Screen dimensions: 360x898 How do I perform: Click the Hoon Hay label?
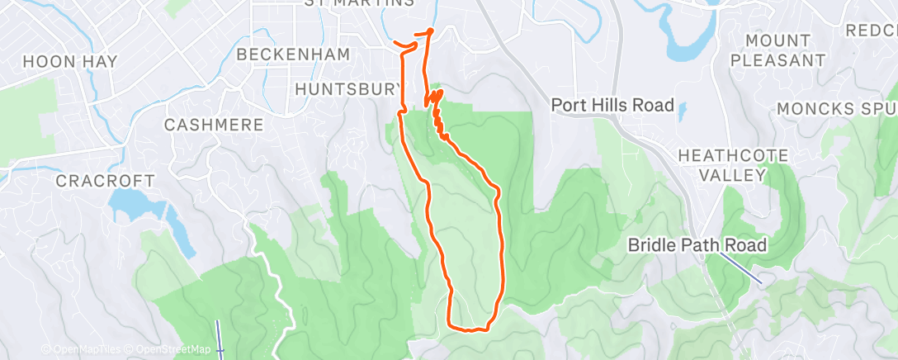(70, 61)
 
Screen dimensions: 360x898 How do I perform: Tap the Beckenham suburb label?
(293, 54)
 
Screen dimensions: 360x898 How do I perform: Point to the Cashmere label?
(214, 125)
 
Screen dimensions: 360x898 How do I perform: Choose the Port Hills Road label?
(612, 105)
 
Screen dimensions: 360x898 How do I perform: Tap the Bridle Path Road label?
(697, 244)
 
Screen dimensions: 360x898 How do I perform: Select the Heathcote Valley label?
(733, 165)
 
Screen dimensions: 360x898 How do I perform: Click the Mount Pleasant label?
(777, 50)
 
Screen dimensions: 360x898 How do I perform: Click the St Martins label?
(358, 3)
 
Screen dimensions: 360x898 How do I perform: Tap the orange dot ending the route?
(430, 31)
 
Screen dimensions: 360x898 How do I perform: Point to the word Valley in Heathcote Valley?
(733, 175)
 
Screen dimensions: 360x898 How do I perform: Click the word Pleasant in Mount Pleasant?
(777, 59)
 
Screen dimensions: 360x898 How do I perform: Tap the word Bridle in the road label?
(651, 244)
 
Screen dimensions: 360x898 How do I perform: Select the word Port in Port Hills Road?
(567, 105)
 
